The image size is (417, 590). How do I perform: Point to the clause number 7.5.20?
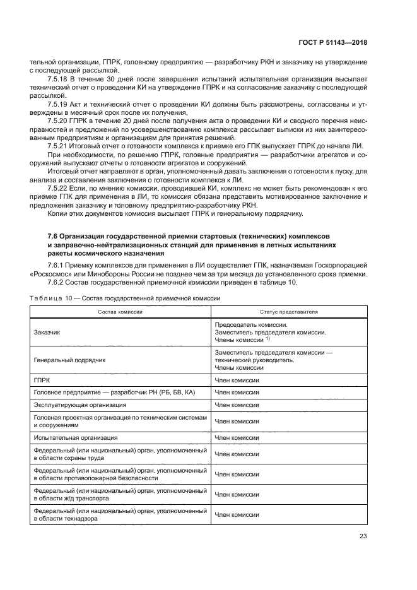click(57, 119)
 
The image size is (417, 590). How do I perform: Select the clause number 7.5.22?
click(57, 189)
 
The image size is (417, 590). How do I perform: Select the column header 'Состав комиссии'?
click(119, 312)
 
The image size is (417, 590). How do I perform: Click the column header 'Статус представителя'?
click(289, 312)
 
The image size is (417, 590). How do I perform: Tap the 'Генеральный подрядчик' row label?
click(69, 359)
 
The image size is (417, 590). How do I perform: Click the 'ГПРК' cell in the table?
click(42, 381)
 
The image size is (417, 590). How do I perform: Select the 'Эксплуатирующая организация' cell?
click(79, 404)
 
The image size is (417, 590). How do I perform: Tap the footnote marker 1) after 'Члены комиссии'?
click(267, 339)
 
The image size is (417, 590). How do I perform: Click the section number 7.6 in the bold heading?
click(53, 235)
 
